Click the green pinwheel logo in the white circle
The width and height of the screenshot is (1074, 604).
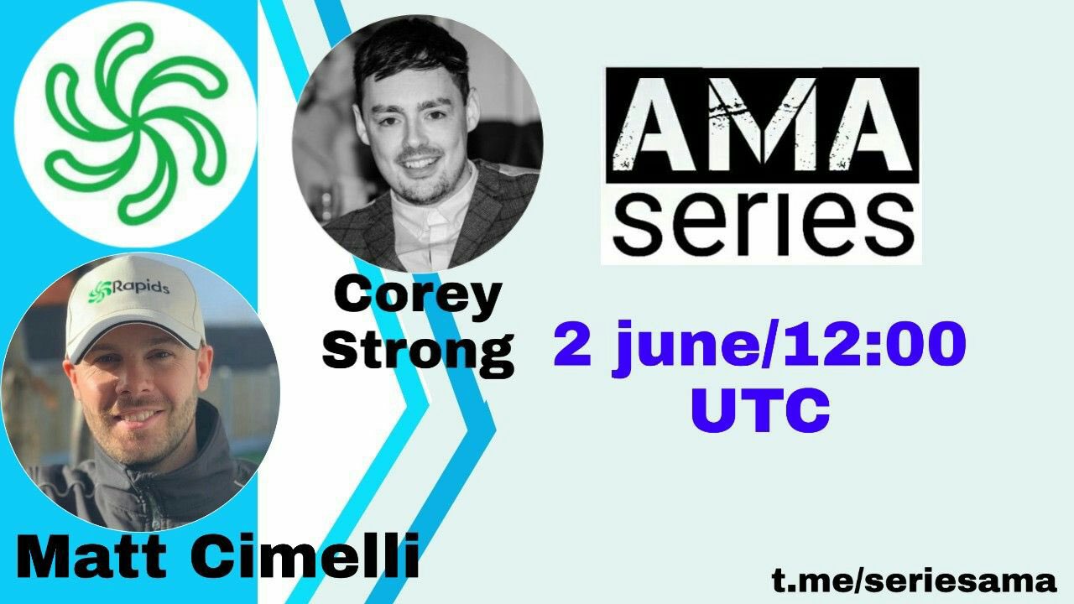click(x=136, y=123)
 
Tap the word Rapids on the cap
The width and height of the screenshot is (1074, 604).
click(x=141, y=287)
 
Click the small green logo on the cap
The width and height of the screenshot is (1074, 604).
click(x=99, y=291)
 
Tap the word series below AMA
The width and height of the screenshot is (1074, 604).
click(x=763, y=223)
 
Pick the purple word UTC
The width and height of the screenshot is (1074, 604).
click(x=760, y=410)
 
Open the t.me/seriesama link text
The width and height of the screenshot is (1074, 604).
click(x=915, y=581)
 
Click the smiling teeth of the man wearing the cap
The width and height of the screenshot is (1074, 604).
click(x=139, y=416)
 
